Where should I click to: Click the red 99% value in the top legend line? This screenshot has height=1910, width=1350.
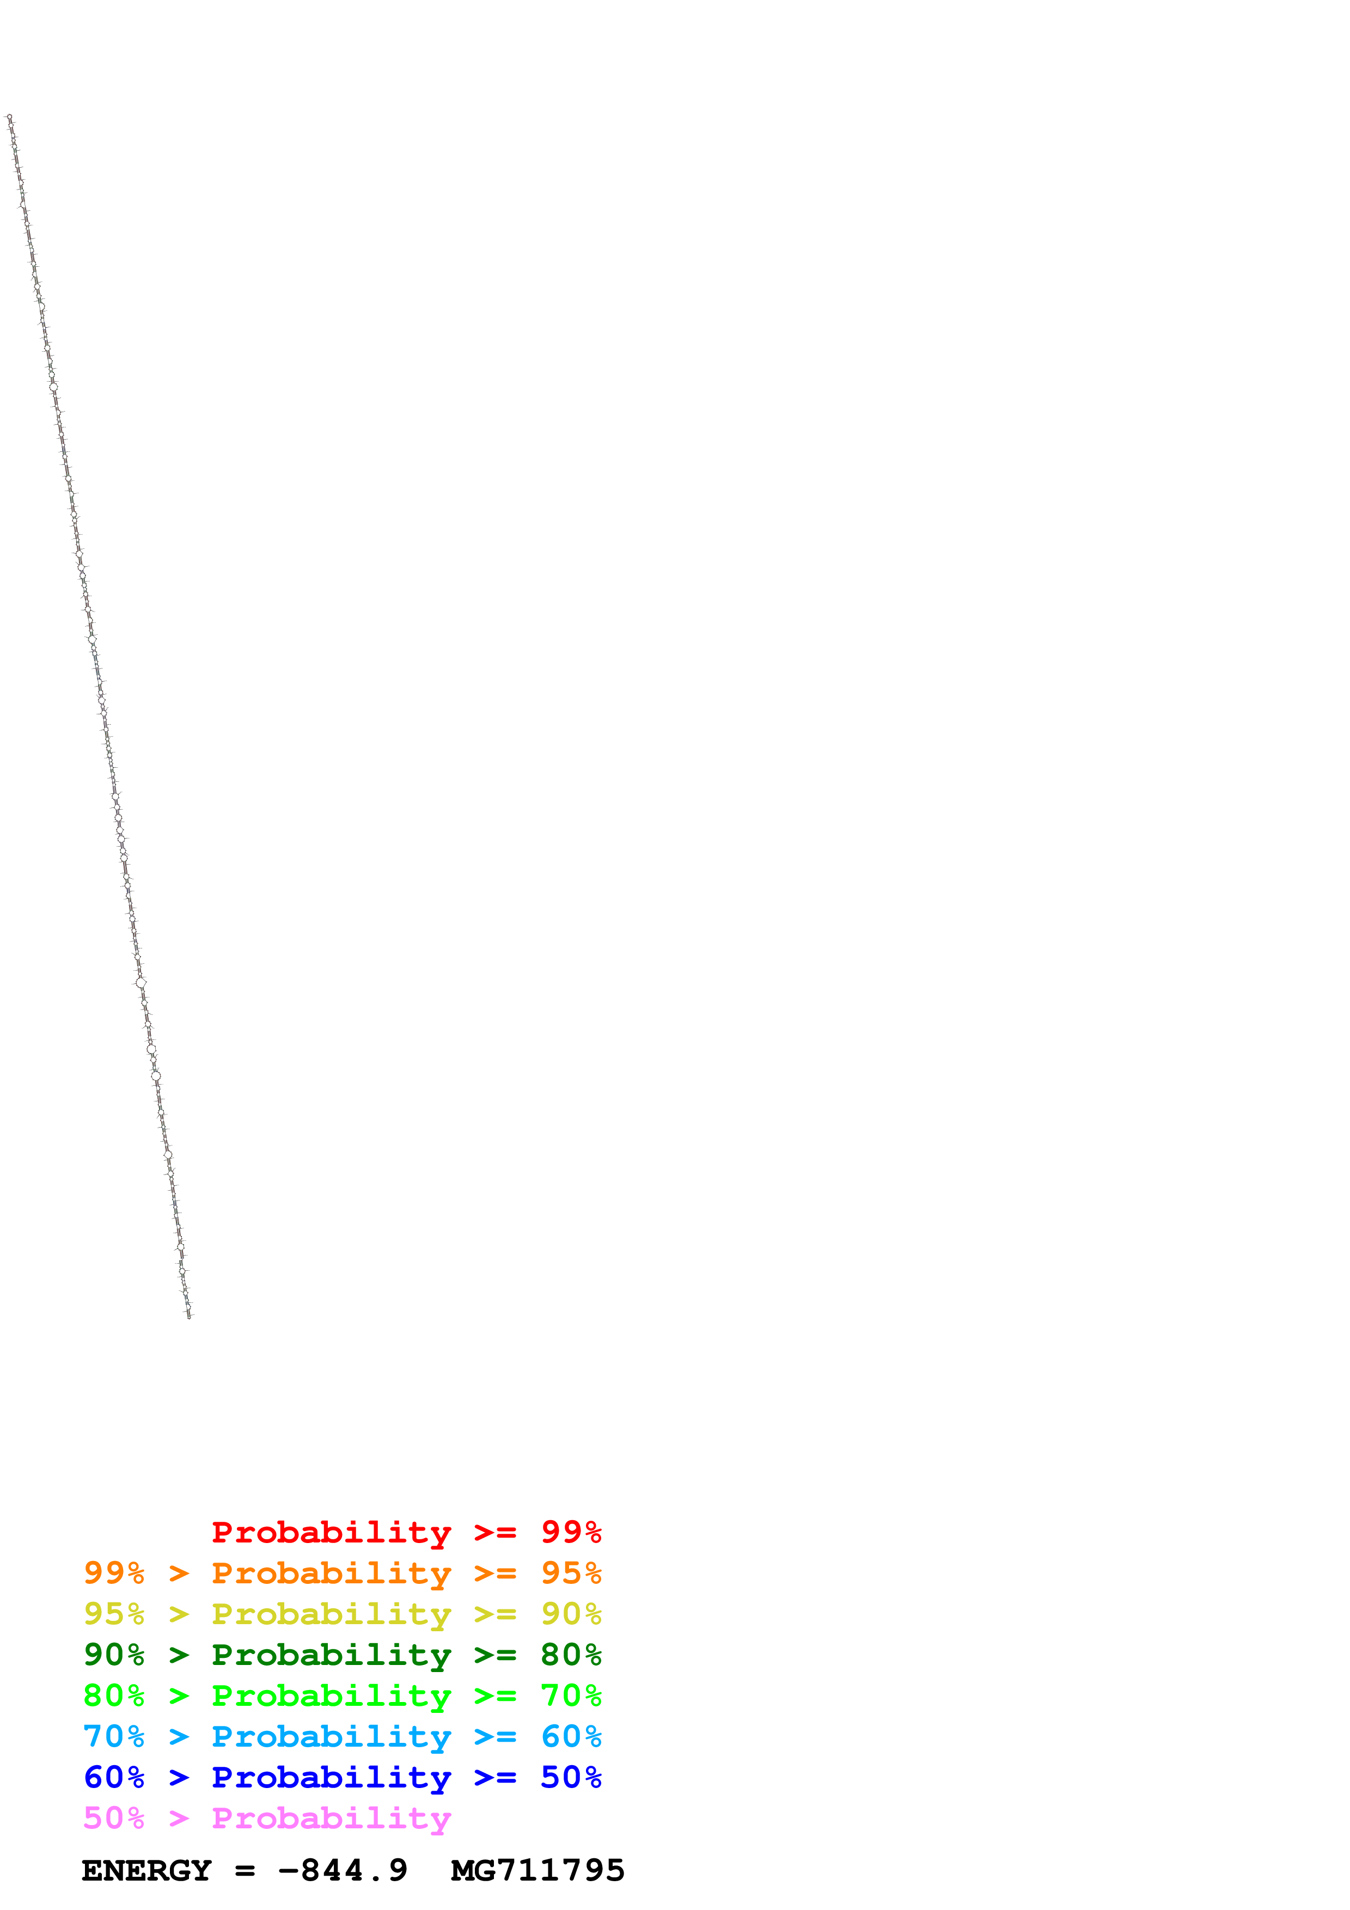tap(571, 1532)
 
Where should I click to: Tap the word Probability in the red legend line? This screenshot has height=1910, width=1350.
tap(331, 1532)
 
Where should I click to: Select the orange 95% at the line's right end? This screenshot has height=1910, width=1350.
tap(571, 1573)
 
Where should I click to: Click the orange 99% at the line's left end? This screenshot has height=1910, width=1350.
tap(114, 1573)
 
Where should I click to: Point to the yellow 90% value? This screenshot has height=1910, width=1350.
tap(571, 1614)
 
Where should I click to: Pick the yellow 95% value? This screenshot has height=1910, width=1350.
tap(114, 1614)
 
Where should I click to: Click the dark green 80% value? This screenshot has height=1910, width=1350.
tap(571, 1655)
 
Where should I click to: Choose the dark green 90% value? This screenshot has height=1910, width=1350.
tap(114, 1655)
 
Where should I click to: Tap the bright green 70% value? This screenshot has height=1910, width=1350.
tap(571, 1695)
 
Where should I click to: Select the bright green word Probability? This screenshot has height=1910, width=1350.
tap(331, 1696)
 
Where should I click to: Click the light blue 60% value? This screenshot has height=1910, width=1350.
tap(571, 1736)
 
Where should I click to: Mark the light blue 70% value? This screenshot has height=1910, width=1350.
tap(114, 1736)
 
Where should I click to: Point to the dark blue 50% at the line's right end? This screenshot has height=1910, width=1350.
tap(571, 1777)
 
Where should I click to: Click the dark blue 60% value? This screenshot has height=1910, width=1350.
tap(114, 1777)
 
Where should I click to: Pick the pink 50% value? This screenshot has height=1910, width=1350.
tap(114, 1817)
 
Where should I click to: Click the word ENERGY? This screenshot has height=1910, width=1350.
tap(146, 1871)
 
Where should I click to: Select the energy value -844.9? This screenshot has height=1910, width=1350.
tap(343, 1871)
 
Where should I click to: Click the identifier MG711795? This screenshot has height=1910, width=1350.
tap(537, 1871)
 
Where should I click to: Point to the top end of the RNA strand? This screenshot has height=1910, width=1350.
tap(9, 117)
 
